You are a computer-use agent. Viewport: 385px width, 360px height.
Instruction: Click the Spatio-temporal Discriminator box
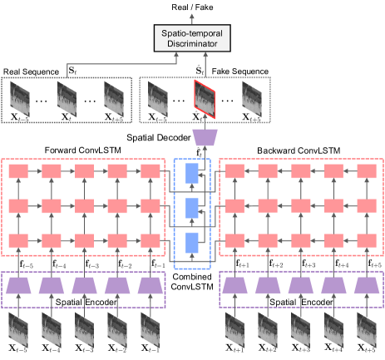click(192, 37)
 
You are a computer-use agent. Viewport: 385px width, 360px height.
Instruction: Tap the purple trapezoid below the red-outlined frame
click(204, 137)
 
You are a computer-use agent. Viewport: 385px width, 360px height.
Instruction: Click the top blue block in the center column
click(193, 173)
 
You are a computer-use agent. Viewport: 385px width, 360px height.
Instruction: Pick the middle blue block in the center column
click(193, 207)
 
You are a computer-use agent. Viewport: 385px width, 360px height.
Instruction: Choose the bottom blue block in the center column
click(193, 242)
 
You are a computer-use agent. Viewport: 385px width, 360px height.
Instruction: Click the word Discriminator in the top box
click(192, 43)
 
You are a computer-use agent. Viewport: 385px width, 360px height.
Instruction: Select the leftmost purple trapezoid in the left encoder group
click(17, 285)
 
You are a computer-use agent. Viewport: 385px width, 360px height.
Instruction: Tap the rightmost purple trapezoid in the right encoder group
click(367, 285)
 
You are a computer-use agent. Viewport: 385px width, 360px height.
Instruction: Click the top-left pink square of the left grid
click(17, 170)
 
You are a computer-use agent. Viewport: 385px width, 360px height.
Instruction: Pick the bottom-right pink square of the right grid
click(367, 240)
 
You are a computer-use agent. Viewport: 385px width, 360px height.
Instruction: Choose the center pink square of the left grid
click(84, 205)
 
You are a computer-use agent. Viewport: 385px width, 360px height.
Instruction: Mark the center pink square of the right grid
click(300, 205)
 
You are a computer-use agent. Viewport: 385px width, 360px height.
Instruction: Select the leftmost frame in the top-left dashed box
click(20, 100)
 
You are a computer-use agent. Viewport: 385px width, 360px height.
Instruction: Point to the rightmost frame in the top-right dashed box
click(251, 100)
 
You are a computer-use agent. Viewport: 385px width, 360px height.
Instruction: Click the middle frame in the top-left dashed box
click(67, 100)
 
